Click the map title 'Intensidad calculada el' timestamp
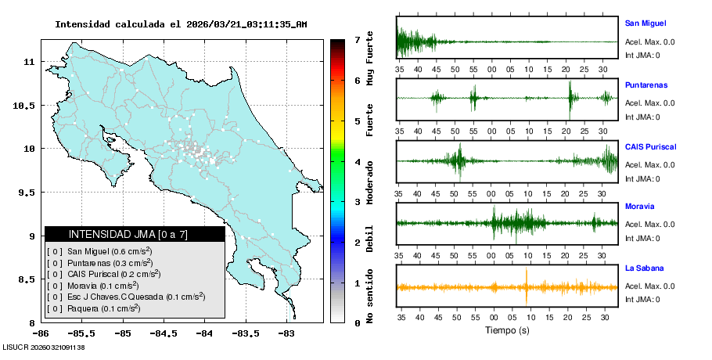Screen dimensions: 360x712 [181, 24]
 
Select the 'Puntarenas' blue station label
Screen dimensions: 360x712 [645, 85]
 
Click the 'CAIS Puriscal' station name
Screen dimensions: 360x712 [650, 146]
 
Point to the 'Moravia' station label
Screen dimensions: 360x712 [640, 207]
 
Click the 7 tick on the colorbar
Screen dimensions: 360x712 [358, 39]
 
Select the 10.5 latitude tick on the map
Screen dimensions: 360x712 [27, 105]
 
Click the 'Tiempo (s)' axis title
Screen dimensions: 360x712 [507, 330]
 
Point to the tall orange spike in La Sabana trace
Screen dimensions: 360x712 [527, 286]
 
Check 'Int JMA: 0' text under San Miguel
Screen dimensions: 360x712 [642, 55]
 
